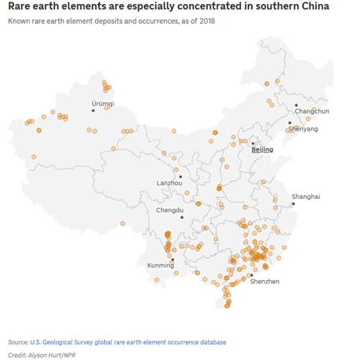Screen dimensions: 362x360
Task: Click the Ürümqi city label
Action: tap(102, 103)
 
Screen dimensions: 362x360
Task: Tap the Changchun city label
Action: tap(310, 112)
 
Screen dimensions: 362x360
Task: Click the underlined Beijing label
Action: tap(262, 148)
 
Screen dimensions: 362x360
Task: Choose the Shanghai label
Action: tap(306, 196)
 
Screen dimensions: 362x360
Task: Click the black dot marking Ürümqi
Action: tap(93, 110)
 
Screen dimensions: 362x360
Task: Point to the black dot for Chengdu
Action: tap(181, 217)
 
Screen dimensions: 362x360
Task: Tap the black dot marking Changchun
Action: tap(296, 105)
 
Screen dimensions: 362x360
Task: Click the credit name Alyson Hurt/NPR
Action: tap(53, 356)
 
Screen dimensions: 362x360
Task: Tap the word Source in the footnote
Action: tap(17, 342)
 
